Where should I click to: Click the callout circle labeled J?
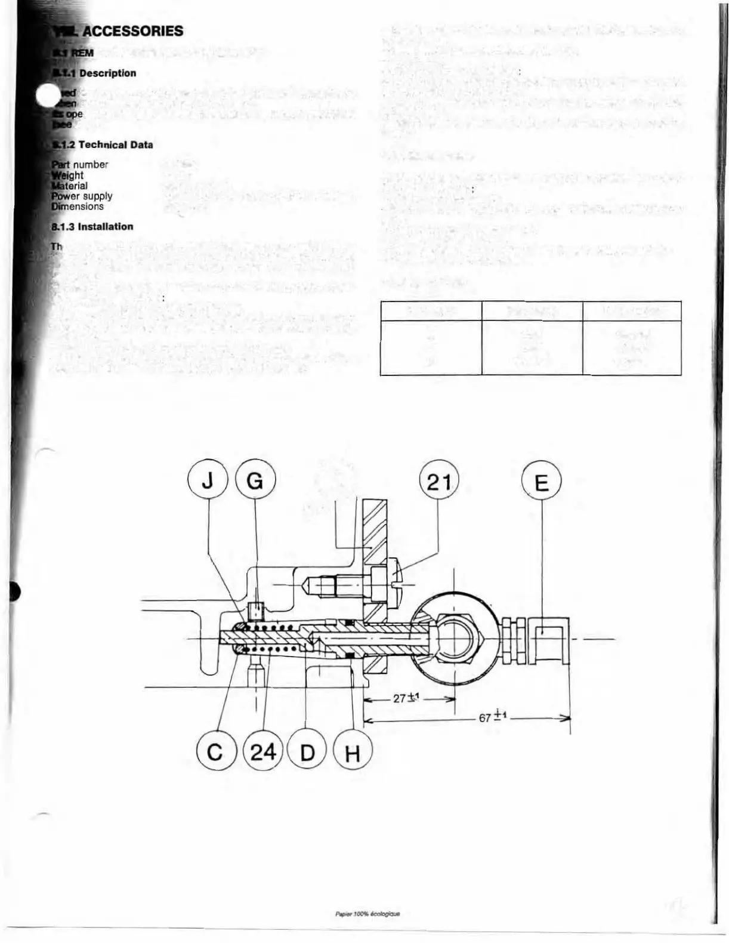pos(208,481)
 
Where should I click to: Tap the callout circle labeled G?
pos(255,481)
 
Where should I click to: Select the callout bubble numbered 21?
pos(439,481)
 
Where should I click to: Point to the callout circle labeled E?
pos(542,482)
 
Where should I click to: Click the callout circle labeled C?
pos(215,752)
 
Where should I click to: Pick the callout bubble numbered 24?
pos(263,752)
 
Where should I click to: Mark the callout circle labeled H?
pos(352,753)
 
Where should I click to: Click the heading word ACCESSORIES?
pos(132,32)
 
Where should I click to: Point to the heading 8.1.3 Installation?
pos(92,227)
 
